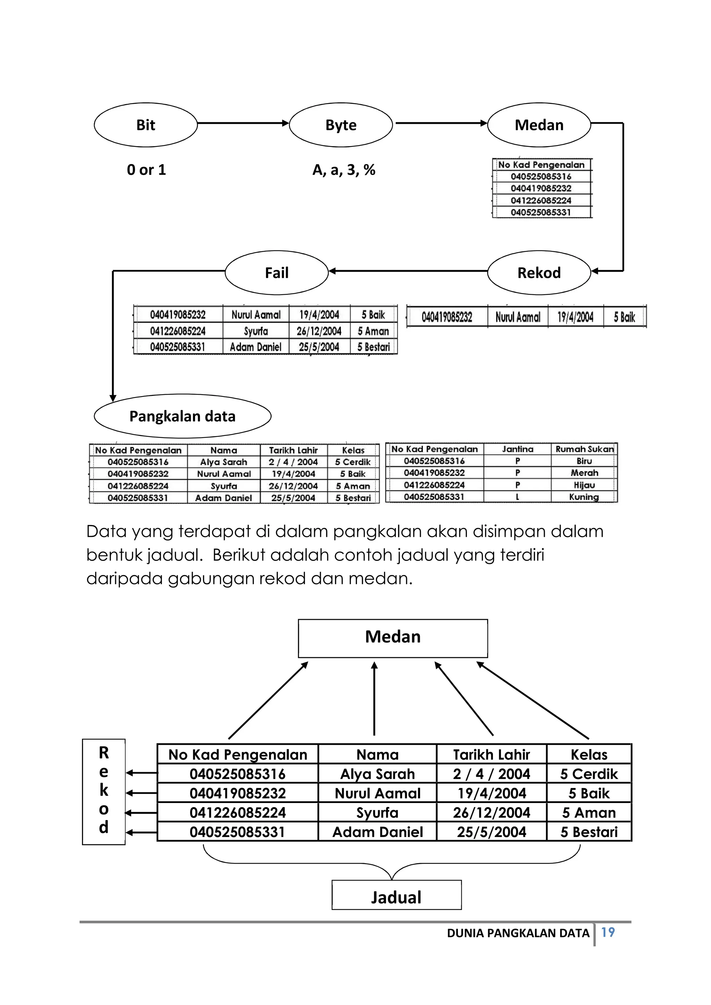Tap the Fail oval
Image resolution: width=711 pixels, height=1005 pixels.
[x=277, y=273]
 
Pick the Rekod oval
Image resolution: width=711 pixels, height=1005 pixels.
[x=539, y=273]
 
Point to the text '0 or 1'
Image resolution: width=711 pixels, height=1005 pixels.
[x=146, y=170]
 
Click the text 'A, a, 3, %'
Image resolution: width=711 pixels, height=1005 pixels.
[x=344, y=170]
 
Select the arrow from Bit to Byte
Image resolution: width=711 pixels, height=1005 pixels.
[x=243, y=124]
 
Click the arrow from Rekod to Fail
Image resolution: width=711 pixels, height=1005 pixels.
[x=407, y=271]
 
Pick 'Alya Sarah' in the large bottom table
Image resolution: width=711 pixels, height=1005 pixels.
[x=377, y=774]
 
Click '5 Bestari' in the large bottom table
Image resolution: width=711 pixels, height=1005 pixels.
[x=589, y=832]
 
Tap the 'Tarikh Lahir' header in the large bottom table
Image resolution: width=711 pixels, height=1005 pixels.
[x=491, y=755]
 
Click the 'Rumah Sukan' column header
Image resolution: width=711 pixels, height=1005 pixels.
[x=585, y=449]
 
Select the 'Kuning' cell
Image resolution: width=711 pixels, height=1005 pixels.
[x=584, y=497]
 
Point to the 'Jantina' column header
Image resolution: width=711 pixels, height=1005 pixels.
[x=518, y=449]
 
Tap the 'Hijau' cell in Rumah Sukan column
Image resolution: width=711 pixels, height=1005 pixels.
[x=584, y=485]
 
